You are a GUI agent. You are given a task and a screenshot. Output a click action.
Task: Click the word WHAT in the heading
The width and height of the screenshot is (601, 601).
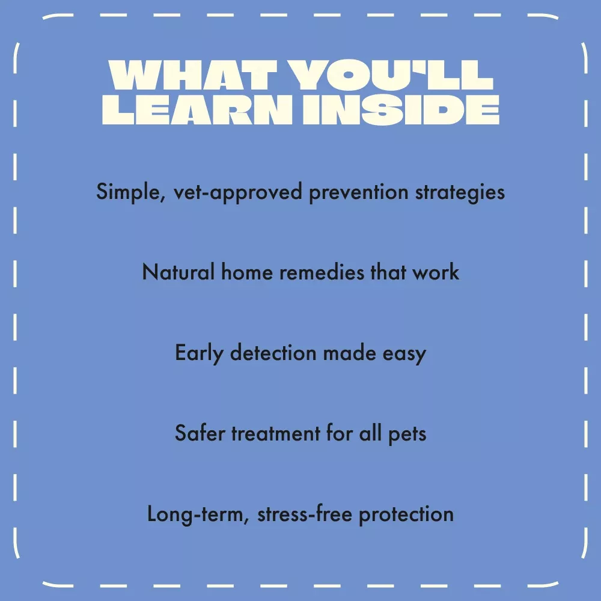tap(193, 75)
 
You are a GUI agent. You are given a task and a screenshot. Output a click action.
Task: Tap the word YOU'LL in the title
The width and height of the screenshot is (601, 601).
tap(391, 75)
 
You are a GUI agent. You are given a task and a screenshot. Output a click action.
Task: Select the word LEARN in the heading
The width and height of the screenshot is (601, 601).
tap(197, 109)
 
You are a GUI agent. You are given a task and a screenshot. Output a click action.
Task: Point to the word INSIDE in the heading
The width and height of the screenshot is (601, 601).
tap(401, 109)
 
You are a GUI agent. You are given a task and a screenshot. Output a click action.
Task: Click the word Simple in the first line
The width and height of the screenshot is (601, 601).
tap(130, 192)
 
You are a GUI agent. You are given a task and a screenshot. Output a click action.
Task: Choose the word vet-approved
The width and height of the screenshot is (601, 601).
tap(237, 192)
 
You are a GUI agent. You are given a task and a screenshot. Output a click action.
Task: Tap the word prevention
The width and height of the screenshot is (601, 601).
tap(358, 192)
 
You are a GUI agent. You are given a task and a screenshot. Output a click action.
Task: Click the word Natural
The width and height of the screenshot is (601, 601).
tap(178, 272)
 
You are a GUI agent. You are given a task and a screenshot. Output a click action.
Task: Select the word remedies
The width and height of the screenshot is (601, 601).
tap(322, 272)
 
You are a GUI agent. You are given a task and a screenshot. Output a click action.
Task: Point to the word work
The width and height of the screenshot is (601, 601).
tap(435, 272)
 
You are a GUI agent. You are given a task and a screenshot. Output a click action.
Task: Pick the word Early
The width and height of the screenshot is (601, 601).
tap(199, 353)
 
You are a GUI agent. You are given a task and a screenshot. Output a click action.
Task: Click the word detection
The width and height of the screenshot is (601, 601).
tap(273, 352)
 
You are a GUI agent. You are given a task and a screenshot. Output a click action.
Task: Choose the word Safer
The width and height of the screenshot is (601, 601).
tap(200, 433)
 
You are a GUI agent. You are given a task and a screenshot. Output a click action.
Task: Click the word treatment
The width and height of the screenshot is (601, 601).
tap(276, 433)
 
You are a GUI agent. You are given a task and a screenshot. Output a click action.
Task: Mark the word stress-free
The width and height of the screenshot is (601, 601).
tap(305, 514)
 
